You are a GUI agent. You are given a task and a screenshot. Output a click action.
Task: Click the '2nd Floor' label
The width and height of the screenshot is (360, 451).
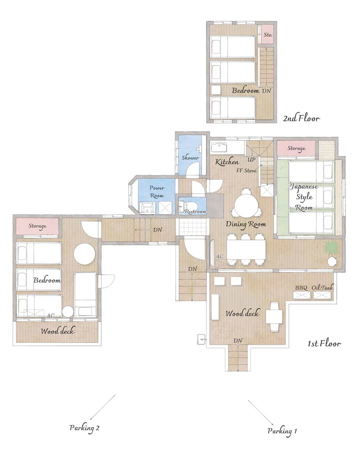point(301,118)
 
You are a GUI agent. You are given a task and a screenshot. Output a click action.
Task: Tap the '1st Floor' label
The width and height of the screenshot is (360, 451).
point(324,343)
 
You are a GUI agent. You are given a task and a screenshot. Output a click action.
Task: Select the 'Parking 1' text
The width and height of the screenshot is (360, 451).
point(282,431)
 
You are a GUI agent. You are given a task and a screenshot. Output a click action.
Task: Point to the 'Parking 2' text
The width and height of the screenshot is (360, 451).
point(84,427)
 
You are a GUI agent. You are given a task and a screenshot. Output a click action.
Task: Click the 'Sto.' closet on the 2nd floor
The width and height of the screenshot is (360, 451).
point(267,34)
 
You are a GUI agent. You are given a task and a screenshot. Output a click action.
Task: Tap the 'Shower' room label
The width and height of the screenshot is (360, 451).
point(190,157)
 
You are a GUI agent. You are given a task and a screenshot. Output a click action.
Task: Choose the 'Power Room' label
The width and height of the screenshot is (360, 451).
point(156,191)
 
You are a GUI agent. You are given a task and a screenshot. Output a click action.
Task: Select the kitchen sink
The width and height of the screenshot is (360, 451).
point(219,147)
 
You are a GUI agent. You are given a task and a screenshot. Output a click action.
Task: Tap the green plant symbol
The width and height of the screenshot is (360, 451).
point(331,248)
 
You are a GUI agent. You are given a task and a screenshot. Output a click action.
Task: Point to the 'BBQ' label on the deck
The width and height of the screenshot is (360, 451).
point(301,287)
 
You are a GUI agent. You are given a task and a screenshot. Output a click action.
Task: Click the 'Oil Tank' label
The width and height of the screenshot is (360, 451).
point(322,287)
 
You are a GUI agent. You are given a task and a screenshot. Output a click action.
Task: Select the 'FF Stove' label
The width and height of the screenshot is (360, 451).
point(246,170)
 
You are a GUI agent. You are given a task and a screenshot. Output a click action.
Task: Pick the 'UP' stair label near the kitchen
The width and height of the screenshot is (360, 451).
point(251,159)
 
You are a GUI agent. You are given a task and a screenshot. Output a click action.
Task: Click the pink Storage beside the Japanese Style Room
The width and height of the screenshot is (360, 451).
point(296,148)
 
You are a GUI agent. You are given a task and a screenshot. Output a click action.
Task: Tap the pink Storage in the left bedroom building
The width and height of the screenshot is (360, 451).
point(37,226)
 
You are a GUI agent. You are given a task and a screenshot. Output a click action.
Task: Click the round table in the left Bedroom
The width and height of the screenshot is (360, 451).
point(84,254)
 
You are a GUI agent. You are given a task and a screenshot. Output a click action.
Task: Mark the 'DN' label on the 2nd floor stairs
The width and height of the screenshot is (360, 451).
point(266,91)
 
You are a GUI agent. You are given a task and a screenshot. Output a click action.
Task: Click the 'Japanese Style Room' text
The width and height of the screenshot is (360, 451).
point(304,197)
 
